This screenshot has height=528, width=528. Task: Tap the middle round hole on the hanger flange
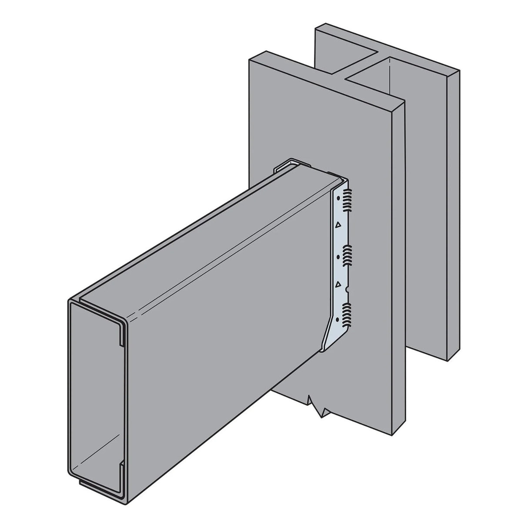tap(338, 257)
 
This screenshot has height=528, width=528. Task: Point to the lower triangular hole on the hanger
tap(336, 284)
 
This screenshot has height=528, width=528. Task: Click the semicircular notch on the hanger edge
tap(346, 289)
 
